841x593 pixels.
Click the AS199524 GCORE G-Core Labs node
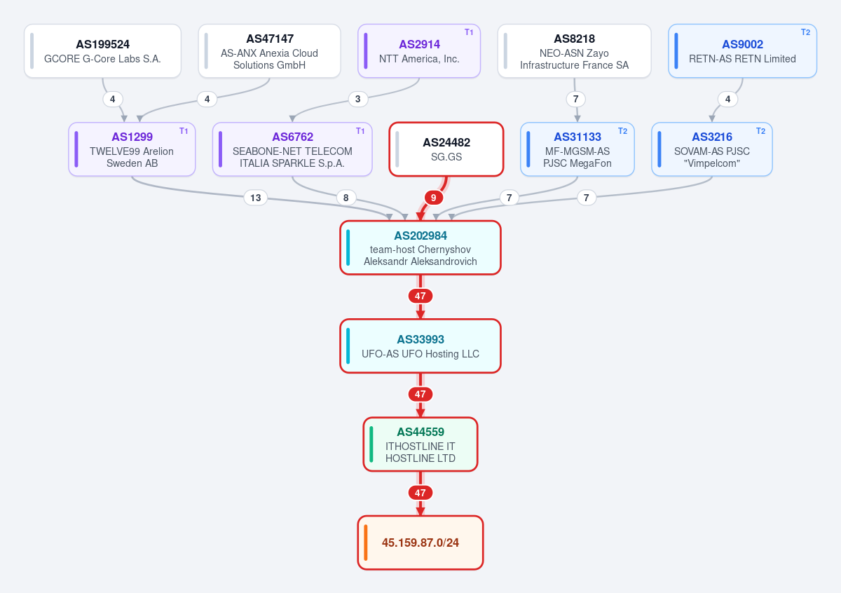pyautogui.click(x=102, y=51)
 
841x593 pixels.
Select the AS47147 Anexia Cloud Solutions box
pyautogui.click(x=270, y=51)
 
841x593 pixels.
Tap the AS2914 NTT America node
pyautogui.click(x=419, y=51)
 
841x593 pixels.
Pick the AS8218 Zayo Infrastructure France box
pyautogui.click(x=575, y=51)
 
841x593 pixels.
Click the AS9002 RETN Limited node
pyautogui.click(x=743, y=51)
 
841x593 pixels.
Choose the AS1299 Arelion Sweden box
pyautogui.click(x=132, y=149)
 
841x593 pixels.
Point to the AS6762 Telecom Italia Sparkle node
pyautogui.click(x=292, y=149)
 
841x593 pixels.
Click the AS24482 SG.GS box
pyautogui.click(x=446, y=149)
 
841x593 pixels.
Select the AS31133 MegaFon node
pyautogui.click(x=577, y=149)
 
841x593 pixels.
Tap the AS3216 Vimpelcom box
pyautogui.click(x=712, y=149)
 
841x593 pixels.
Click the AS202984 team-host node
pyautogui.click(x=420, y=247)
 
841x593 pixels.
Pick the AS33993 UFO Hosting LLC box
pyautogui.click(x=420, y=346)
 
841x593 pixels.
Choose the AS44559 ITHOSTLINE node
pyautogui.click(x=420, y=444)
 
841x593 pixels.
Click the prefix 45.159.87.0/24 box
pyautogui.click(x=420, y=543)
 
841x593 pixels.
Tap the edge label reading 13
pyautogui.click(x=256, y=198)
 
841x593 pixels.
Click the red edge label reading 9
pyautogui.click(x=434, y=198)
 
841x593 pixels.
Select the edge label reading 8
pyautogui.click(x=346, y=198)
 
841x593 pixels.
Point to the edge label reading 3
pyautogui.click(x=358, y=99)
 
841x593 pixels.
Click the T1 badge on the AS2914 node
pyautogui.click(x=469, y=32)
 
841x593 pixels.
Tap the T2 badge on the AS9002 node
pyautogui.click(x=805, y=32)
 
